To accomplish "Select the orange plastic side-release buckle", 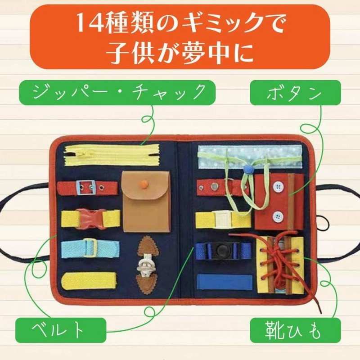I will [x=91, y=218].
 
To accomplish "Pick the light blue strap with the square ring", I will [x=90, y=247].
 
